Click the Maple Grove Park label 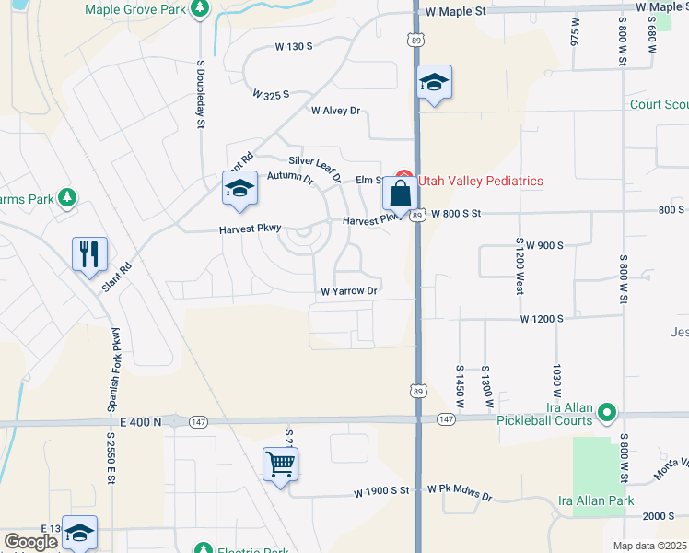[x=134, y=9]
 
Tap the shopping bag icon [x=400, y=194]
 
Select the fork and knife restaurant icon [x=89, y=254]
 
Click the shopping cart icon [x=280, y=465]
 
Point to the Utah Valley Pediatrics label [x=480, y=182]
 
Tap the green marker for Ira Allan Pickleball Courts [x=607, y=411]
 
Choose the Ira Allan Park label [x=596, y=501]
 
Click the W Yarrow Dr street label [x=349, y=291]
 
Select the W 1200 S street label [x=542, y=319]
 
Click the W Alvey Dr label [x=335, y=111]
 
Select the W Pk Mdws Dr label [x=459, y=495]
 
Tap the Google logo [x=30, y=543]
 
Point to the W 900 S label [x=538, y=245]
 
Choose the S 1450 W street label [x=459, y=386]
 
